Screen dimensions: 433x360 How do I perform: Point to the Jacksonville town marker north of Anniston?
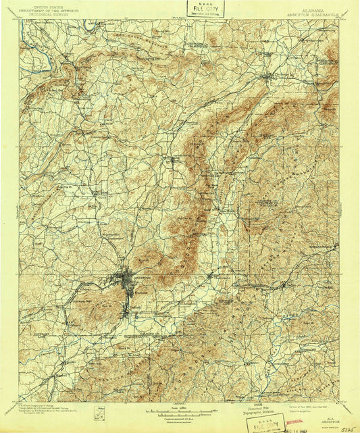pos(172,160)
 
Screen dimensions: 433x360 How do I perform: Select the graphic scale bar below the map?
pos(180,409)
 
